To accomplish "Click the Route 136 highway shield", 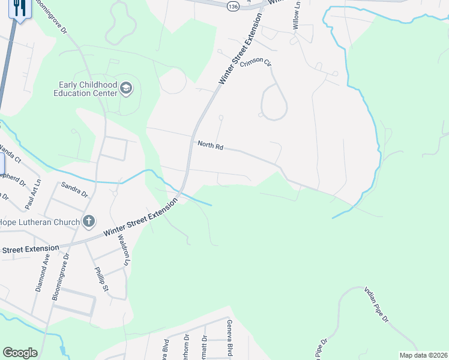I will point(233,5).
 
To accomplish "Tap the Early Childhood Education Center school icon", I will point(126,89).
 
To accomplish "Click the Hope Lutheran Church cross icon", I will point(88,222).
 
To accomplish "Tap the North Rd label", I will point(210,145).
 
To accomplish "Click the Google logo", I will point(20,353).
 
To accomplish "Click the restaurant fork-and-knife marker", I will point(19,8).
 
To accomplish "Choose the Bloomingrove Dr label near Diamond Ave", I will point(61,277).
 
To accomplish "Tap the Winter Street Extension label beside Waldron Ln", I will point(140,217).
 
